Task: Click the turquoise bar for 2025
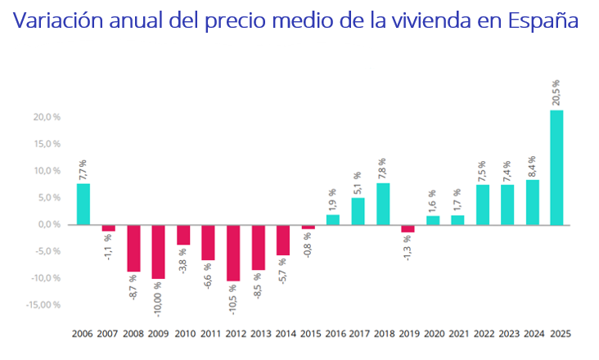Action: [x=556, y=167]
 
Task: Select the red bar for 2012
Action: [x=233, y=252]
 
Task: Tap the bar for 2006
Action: [x=83, y=204]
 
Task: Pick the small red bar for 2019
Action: [x=408, y=228]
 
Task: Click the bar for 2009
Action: [x=158, y=251]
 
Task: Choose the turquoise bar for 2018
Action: [x=383, y=204]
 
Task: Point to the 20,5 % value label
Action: [x=556, y=92]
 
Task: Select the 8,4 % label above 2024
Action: [x=531, y=166]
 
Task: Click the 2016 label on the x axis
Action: [x=333, y=334]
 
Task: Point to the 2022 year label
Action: [x=483, y=334]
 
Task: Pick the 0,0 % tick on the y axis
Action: [x=48, y=224]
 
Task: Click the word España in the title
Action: [x=543, y=20]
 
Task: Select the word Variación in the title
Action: [x=53, y=20]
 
